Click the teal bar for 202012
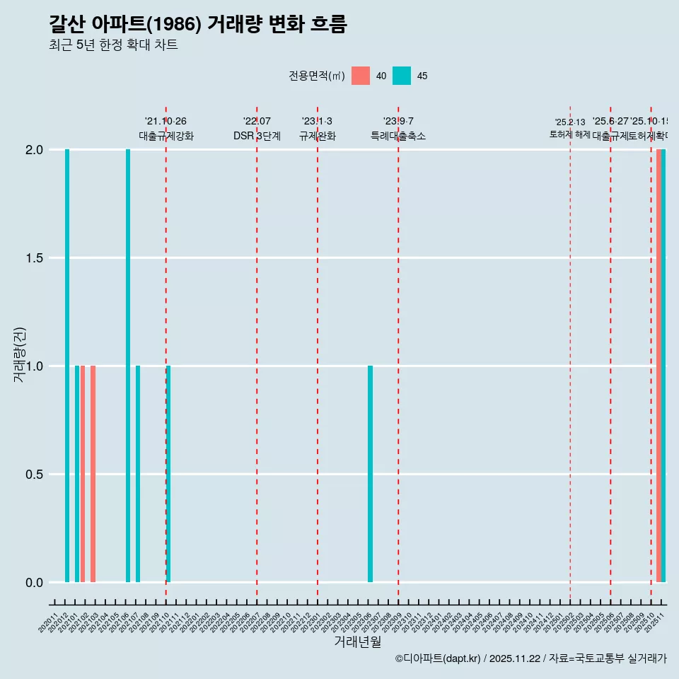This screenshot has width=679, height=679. [x=67, y=366]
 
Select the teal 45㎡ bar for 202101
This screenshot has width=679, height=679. [x=77, y=474]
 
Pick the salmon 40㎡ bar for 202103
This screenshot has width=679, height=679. [x=93, y=474]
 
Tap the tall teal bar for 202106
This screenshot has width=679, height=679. [x=128, y=366]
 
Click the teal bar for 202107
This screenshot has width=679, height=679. [x=138, y=474]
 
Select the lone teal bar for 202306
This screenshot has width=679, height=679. [x=370, y=474]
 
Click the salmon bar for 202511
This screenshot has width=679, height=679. [x=658, y=366]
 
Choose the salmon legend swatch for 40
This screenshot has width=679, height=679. [x=361, y=76]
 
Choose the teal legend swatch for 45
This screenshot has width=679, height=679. [x=402, y=76]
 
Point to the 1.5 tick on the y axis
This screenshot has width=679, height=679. [x=35, y=258]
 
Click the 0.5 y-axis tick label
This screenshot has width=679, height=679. [x=35, y=475]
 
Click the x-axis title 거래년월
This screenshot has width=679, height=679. [x=357, y=642]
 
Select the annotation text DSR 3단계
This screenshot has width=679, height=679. [x=257, y=137]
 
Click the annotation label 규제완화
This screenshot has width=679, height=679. [x=317, y=137]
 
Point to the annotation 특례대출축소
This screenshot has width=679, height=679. [x=398, y=137]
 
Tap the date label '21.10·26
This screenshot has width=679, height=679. [x=166, y=122]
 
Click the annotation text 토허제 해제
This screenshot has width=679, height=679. [x=569, y=134]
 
